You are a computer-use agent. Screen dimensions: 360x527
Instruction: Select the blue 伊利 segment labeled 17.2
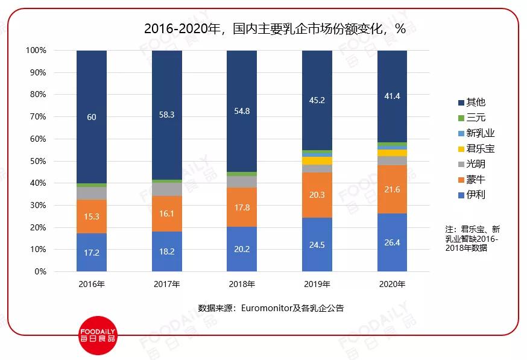(x=92, y=252)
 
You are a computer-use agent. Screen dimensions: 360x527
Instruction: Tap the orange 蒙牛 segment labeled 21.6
(x=392, y=189)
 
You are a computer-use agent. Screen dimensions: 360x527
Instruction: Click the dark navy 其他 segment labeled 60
(x=92, y=117)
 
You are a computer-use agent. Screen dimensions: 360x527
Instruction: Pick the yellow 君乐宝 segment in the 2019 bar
(x=317, y=161)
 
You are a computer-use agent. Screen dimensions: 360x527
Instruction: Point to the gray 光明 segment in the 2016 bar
(x=92, y=193)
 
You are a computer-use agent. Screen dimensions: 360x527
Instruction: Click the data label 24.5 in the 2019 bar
(x=317, y=245)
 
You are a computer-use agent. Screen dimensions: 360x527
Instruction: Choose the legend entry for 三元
(x=472, y=118)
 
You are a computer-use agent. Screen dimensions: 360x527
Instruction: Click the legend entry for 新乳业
(x=476, y=133)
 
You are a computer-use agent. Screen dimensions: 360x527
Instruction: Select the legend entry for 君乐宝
(x=476, y=148)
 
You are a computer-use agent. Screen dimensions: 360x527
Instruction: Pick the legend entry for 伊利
(x=472, y=194)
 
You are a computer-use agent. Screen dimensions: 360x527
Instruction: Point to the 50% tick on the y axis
(x=37, y=161)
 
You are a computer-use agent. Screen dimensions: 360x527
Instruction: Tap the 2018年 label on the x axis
(x=242, y=284)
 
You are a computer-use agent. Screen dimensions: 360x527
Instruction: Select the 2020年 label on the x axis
(x=392, y=284)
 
